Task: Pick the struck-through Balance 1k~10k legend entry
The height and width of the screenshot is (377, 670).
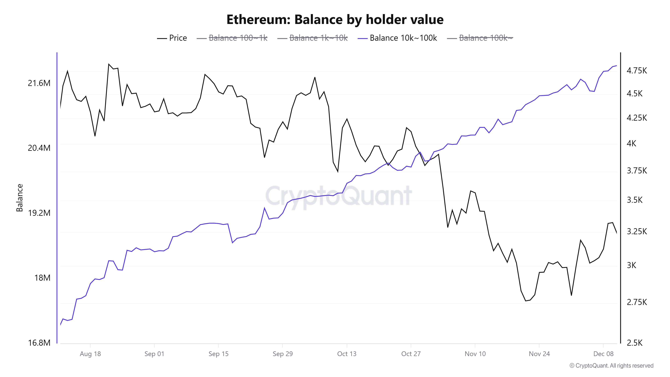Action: pos(312,38)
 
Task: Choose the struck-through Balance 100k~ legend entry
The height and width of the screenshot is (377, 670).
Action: pos(480,38)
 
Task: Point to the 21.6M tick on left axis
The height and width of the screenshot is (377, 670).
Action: pos(39,83)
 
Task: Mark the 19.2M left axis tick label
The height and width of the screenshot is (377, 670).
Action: pos(39,213)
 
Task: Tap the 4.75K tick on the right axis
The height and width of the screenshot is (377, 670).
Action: pos(636,71)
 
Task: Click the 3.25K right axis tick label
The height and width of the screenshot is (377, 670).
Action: pos(636,231)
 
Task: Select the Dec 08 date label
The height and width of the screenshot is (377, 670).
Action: pos(603,354)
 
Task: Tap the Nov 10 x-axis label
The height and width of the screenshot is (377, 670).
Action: pos(475,354)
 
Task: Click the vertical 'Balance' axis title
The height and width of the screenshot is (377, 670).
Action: pos(19,198)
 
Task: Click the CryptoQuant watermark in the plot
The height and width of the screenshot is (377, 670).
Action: pos(338,196)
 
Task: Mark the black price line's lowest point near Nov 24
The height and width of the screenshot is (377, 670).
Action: pos(526,301)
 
